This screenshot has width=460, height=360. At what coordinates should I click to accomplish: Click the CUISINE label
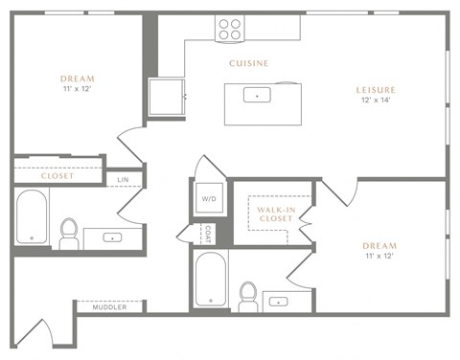click(248, 63)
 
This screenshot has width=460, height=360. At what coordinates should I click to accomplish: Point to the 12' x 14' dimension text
click(376, 101)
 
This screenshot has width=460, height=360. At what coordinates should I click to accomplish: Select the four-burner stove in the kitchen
click(230, 28)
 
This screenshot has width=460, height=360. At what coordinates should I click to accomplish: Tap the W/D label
click(209, 199)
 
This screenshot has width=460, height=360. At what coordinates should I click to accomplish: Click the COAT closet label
click(207, 234)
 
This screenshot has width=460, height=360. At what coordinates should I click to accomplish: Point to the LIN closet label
click(123, 179)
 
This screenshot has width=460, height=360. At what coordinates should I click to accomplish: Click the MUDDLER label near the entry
click(109, 307)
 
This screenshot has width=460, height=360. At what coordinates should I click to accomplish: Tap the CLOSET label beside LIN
click(57, 176)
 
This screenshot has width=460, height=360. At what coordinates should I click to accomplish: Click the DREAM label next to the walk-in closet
click(379, 245)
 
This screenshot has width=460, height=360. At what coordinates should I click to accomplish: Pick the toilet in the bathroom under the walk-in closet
click(247, 295)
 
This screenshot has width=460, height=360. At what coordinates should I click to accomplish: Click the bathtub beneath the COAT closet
click(210, 281)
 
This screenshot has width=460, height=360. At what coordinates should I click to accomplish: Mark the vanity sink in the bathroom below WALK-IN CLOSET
click(279, 301)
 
